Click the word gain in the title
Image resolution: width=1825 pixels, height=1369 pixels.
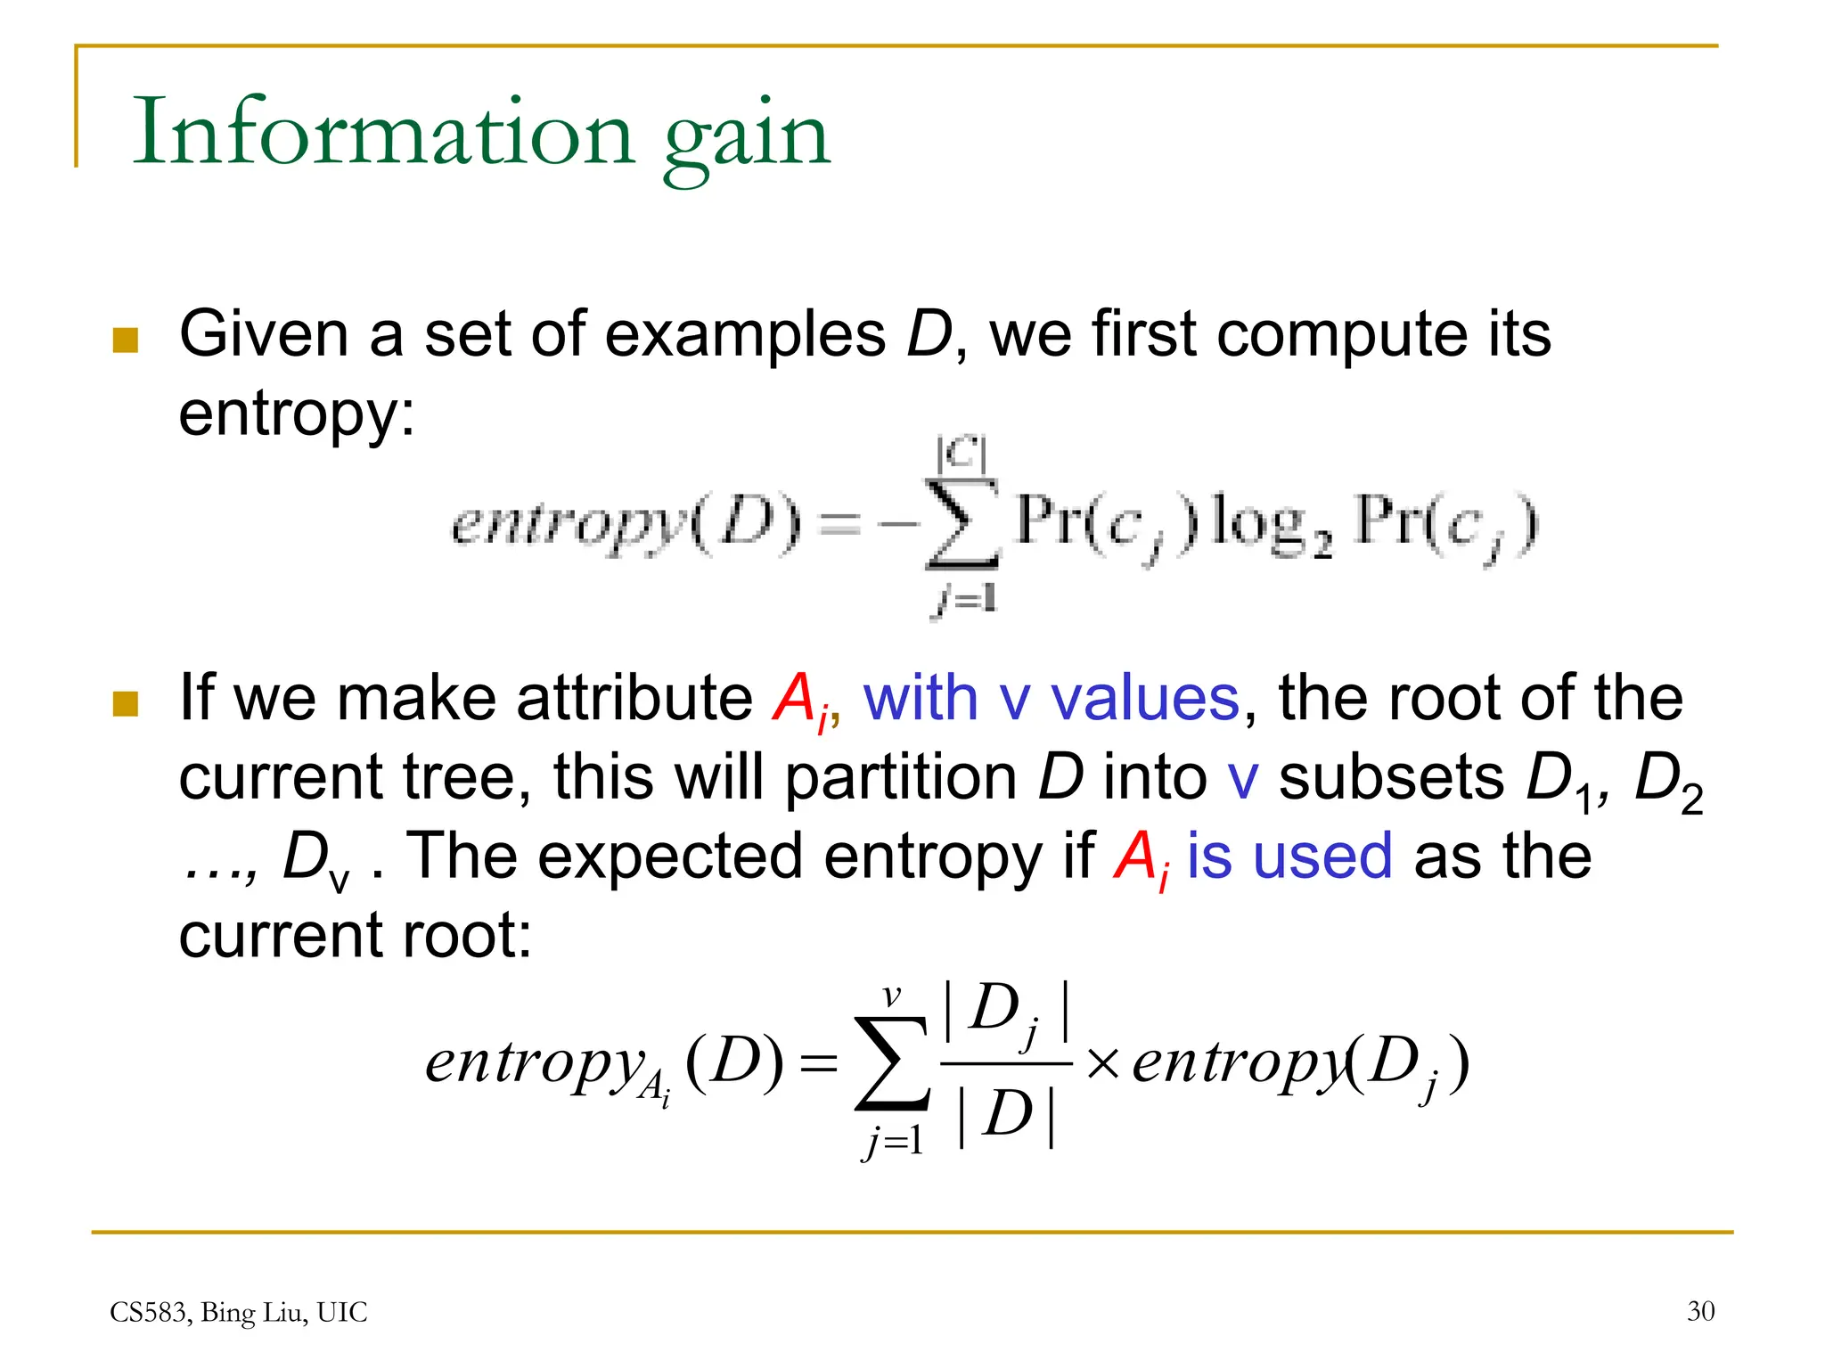coord(747,138)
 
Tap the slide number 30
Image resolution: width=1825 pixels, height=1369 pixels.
coord(1700,1311)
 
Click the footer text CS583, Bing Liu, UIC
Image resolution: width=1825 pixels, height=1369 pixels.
coord(238,1312)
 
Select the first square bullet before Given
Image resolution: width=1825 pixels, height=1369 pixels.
coord(126,340)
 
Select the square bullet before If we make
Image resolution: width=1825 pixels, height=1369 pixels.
coord(126,703)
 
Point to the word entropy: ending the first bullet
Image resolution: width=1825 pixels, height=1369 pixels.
coord(297,415)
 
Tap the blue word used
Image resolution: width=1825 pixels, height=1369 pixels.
coord(1322,857)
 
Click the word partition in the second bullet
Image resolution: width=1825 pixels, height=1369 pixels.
coord(901,777)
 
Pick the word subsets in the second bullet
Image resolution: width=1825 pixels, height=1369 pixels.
coord(1391,777)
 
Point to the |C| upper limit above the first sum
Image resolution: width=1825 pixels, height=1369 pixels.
coord(961,454)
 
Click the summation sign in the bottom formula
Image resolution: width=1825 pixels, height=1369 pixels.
coord(891,1064)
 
